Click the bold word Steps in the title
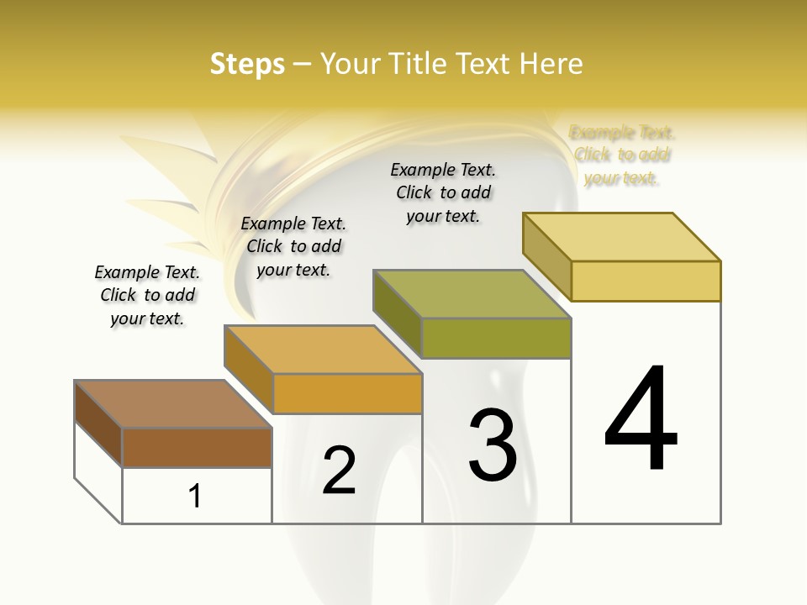pyautogui.click(x=247, y=64)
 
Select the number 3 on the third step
pyautogui.click(x=493, y=445)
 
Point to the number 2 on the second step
pyautogui.click(x=339, y=471)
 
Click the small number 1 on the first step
pyautogui.click(x=195, y=496)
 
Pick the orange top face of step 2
pyautogui.click(x=324, y=350)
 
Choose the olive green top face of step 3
pyautogui.click(x=472, y=294)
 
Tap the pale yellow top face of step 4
pyautogui.click(x=622, y=237)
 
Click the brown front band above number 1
pyautogui.click(x=197, y=447)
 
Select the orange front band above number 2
pyautogui.click(x=347, y=393)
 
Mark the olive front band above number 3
pyautogui.click(x=496, y=338)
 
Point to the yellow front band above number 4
pyautogui.click(x=646, y=281)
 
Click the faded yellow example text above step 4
pyautogui.click(x=622, y=155)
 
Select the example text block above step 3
pyautogui.click(x=443, y=193)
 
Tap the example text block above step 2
pyautogui.click(x=293, y=246)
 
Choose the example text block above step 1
pyautogui.click(x=147, y=295)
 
